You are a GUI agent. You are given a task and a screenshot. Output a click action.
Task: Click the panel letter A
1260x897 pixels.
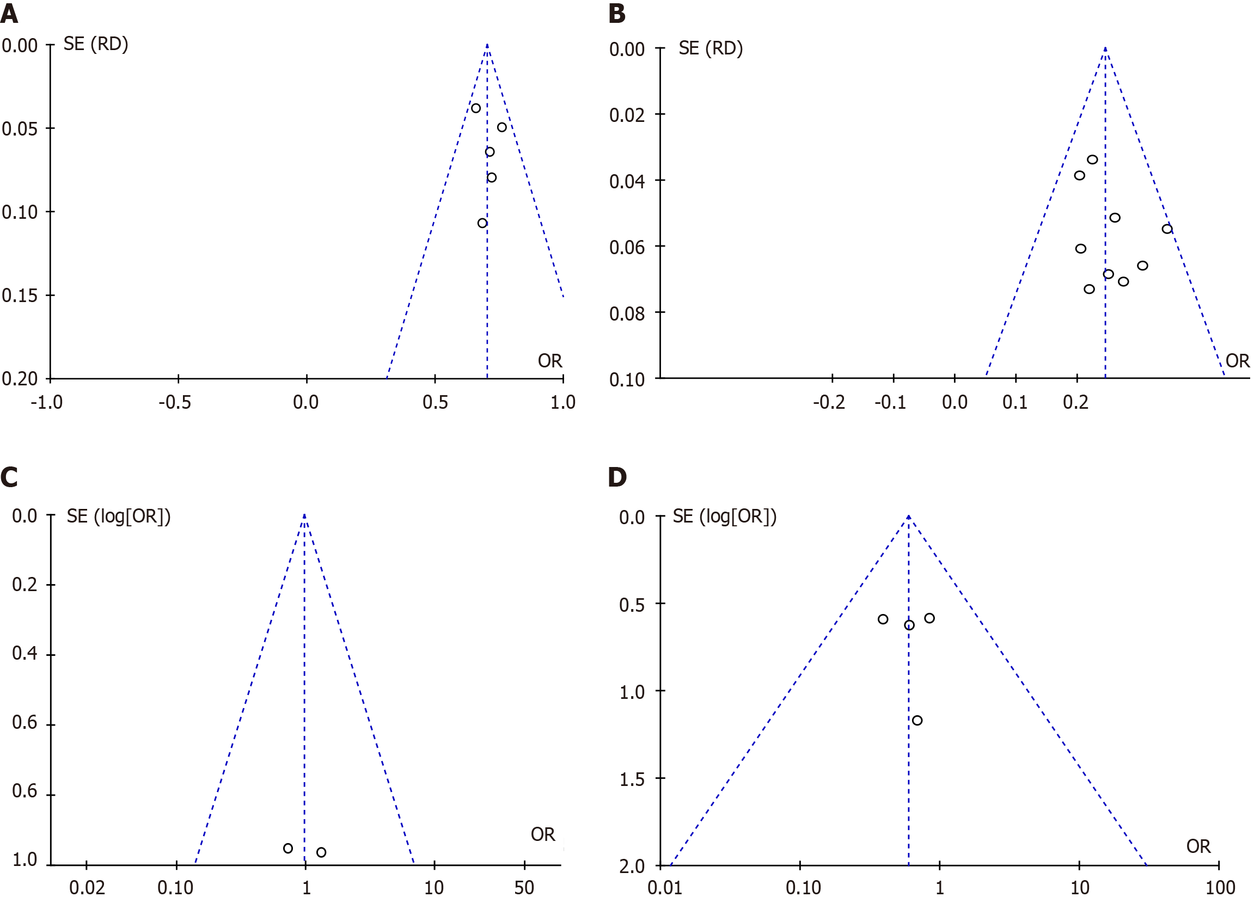pyautogui.click(x=9, y=13)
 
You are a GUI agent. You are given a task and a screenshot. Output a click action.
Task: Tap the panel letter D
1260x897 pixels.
pyautogui.click(x=617, y=477)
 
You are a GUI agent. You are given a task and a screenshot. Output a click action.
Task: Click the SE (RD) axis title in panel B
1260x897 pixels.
pyautogui.click(x=711, y=48)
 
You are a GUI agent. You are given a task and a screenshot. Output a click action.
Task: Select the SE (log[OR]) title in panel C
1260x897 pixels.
pyautogui.click(x=119, y=517)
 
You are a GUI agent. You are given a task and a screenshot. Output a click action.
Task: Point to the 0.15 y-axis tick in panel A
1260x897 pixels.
pyautogui.click(x=20, y=296)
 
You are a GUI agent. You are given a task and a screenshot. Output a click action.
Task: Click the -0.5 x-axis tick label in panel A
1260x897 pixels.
pyautogui.click(x=175, y=402)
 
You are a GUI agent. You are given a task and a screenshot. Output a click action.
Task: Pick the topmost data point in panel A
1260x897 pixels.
pyautogui.click(x=475, y=108)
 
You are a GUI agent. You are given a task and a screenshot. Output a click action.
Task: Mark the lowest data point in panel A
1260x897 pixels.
pyautogui.click(x=482, y=223)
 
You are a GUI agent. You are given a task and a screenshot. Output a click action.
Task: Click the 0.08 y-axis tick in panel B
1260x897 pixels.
pyautogui.click(x=627, y=314)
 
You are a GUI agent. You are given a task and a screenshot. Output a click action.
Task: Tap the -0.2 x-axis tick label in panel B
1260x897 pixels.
pyautogui.click(x=829, y=402)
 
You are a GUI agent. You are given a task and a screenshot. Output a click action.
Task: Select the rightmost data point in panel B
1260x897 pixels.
pyautogui.click(x=1167, y=229)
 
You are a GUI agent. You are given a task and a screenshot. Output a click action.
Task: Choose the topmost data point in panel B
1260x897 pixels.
pyautogui.click(x=1093, y=159)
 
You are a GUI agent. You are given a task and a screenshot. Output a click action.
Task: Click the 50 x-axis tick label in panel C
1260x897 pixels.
pyautogui.click(x=524, y=887)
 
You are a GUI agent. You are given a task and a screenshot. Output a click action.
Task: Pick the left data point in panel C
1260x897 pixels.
pyautogui.click(x=288, y=849)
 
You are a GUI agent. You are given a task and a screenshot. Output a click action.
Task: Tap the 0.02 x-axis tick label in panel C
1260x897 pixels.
pyautogui.click(x=87, y=887)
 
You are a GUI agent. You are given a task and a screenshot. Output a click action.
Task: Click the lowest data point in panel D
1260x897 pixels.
pyautogui.click(x=918, y=720)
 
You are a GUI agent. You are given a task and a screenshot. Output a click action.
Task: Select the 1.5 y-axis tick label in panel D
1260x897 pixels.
pyautogui.click(x=632, y=779)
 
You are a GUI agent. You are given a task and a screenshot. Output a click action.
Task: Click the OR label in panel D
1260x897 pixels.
pyautogui.click(x=1198, y=846)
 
